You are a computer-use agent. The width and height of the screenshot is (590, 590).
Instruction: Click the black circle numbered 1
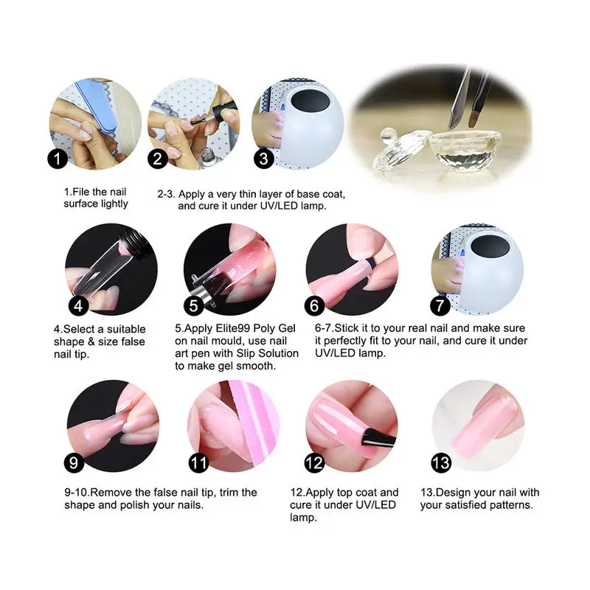click(x=59, y=159)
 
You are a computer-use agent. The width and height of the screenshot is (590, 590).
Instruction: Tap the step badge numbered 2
click(x=158, y=159)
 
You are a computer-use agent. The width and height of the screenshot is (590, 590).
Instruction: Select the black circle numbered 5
click(x=194, y=304)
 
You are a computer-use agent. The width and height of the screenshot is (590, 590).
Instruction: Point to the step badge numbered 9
click(x=74, y=463)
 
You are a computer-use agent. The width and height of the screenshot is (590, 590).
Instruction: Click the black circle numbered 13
click(x=440, y=463)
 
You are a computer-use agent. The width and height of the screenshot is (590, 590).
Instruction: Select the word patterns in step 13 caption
click(x=510, y=505)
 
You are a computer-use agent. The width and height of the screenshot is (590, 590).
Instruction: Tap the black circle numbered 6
click(x=314, y=304)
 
